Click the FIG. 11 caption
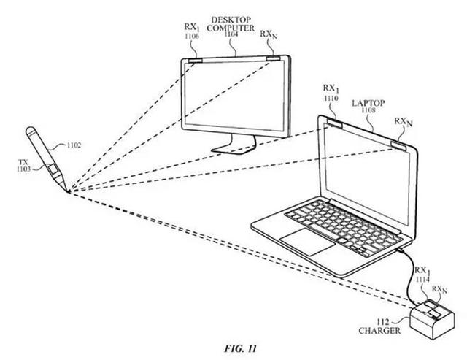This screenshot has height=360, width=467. point(240,348)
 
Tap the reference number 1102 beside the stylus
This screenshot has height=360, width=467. point(74,145)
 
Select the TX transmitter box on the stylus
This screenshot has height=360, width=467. point(54,169)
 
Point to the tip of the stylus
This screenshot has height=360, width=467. point(69,192)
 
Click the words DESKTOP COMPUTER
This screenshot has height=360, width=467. point(231,24)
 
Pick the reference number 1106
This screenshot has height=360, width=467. point(191,36)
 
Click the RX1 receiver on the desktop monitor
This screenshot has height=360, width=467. point(196,61)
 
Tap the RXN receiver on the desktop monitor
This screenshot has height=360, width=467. point(273,58)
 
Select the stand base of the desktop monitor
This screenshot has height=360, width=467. point(233,148)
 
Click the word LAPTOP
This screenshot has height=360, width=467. point(368,103)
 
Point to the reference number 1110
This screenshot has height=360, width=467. point(331,98)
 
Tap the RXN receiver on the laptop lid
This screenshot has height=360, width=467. point(399,145)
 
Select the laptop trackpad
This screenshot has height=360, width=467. point(308,242)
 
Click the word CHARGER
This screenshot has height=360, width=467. point(379,331)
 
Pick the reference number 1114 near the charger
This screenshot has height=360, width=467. point(422,279)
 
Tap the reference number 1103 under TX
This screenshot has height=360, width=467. point(23,169)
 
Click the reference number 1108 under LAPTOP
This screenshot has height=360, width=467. point(368,110)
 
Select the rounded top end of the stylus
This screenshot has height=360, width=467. point(31,131)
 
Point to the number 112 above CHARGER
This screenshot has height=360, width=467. point(383,322)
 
